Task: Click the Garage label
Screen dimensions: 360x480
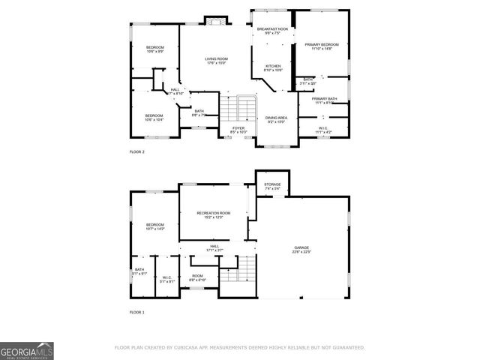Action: pos(302,248)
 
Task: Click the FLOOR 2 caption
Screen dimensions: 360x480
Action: pos(137,151)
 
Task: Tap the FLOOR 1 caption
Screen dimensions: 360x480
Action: pos(137,311)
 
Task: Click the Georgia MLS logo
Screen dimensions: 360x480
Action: pos(27,350)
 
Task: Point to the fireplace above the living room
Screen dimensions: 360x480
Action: pos(215,20)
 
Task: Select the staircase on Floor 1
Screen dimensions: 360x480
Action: pos(239,270)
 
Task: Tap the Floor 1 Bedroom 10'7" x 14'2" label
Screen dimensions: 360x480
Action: pos(155,226)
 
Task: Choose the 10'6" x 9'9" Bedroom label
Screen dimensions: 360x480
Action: pos(154,49)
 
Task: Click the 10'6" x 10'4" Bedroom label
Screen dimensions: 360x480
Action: pos(154,117)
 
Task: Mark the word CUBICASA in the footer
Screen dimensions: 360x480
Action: pos(196,347)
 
